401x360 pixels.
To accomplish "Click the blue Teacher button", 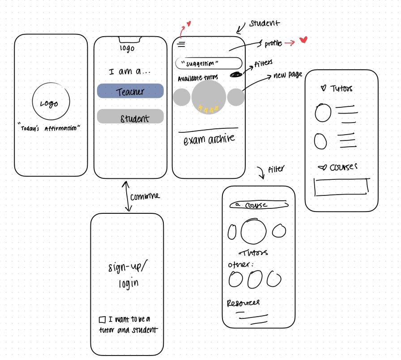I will tap(130, 91).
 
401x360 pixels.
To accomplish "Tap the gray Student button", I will tap(130, 117).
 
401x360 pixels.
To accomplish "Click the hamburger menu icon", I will tap(181, 44).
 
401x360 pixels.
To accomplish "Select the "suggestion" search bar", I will tap(209, 63).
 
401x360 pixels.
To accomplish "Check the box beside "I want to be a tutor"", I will tap(102, 320).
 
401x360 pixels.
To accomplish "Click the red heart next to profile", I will tap(303, 41).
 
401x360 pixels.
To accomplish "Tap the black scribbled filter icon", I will tap(236, 75).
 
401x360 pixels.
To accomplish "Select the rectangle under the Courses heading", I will tap(342, 186).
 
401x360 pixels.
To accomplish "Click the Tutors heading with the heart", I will tap(336, 89).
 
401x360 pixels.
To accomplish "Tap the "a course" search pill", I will tap(258, 205).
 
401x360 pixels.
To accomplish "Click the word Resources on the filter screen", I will tap(243, 303).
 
